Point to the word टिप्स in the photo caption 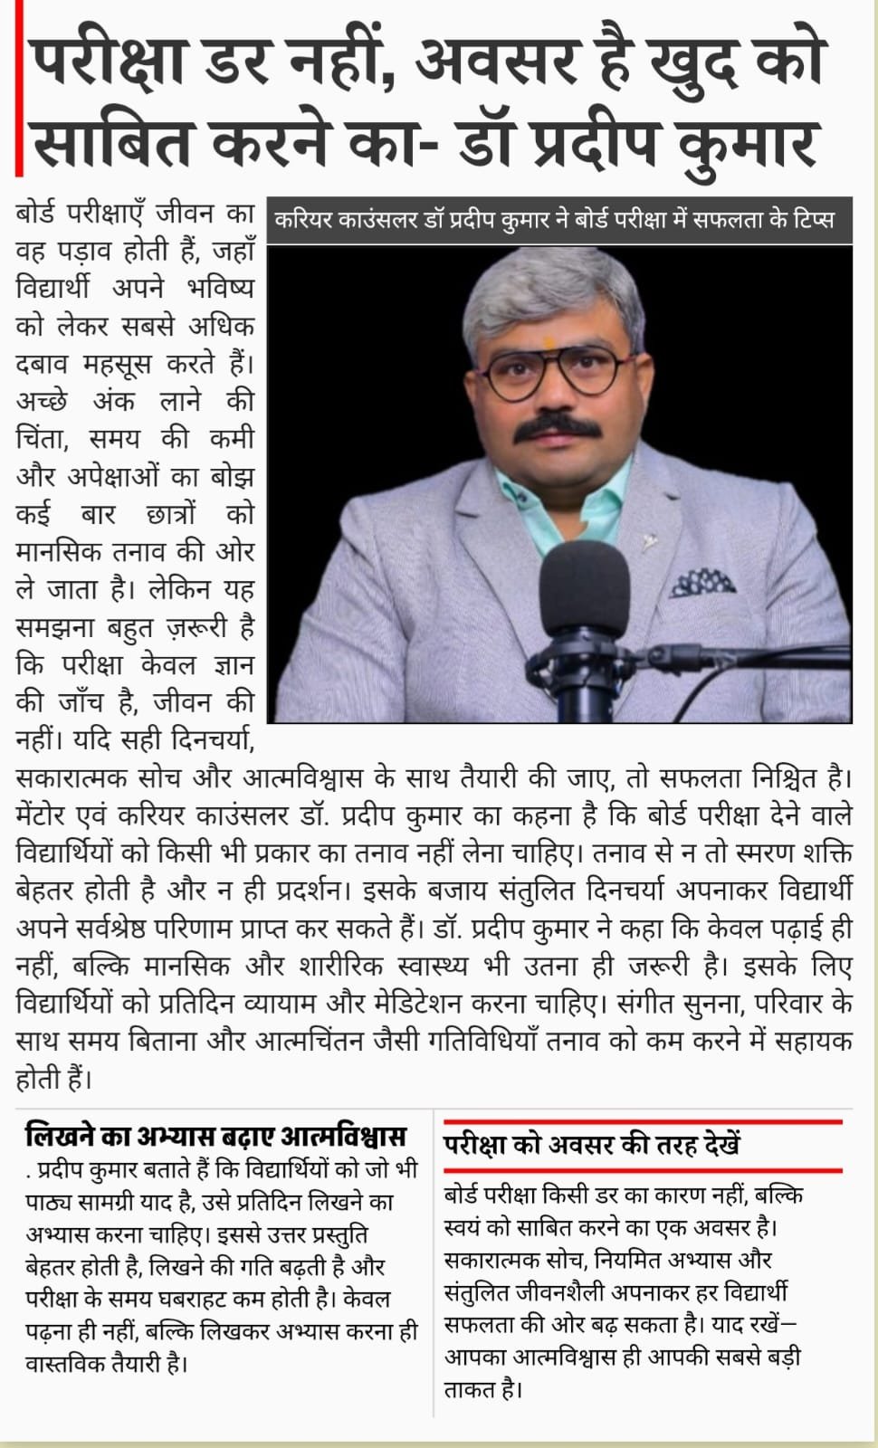click(x=809, y=220)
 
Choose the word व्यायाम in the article click(x=312, y=1003)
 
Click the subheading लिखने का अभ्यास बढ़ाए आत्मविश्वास click(x=215, y=1135)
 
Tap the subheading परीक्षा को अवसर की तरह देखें click(x=592, y=1145)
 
